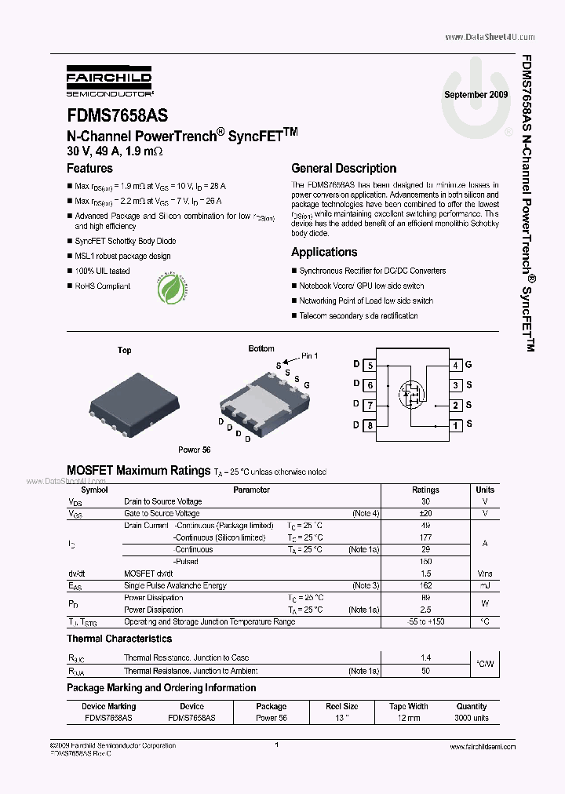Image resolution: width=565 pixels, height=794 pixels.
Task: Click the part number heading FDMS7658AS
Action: tap(117, 116)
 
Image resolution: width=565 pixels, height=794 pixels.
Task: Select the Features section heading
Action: tap(89, 168)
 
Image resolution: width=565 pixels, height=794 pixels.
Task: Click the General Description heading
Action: tap(344, 168)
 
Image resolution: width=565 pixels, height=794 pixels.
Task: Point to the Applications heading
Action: tap(324, 252)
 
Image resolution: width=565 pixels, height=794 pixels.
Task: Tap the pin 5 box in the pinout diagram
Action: tap(370, 365)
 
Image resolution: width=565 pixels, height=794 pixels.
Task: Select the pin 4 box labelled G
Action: tap(455, 365)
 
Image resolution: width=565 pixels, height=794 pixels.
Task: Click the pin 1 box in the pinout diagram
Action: tap(455, 425)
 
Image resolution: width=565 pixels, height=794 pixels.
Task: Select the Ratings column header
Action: tap(425, 490)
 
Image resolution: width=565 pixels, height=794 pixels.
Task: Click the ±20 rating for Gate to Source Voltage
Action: tap(425, 513)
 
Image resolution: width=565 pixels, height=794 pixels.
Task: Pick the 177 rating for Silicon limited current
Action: tap(425, 537)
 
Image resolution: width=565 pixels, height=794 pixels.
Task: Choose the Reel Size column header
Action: tap(342, 706)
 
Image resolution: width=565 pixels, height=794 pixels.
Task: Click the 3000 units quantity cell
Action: tap(472, 718)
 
